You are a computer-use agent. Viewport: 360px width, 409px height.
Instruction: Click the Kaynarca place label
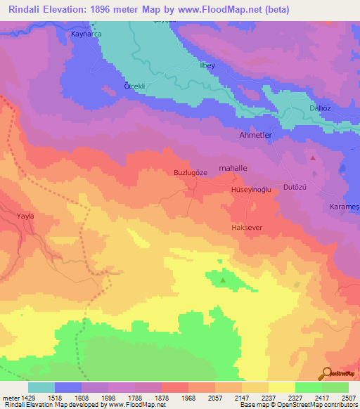[x=88, y=34]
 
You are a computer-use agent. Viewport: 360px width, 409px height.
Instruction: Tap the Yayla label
[x=26, y=216]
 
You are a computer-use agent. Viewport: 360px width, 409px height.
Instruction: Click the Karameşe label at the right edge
[x=345, y=207]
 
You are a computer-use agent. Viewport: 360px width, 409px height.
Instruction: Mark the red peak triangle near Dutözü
[x=313, y=158]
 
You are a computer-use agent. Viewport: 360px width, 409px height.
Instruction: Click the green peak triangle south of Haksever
[x=224, y=280]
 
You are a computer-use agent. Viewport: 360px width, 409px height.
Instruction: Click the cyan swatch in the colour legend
[x=41, y=387]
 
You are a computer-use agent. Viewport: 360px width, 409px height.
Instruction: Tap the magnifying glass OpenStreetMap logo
[x=326, y=373]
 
